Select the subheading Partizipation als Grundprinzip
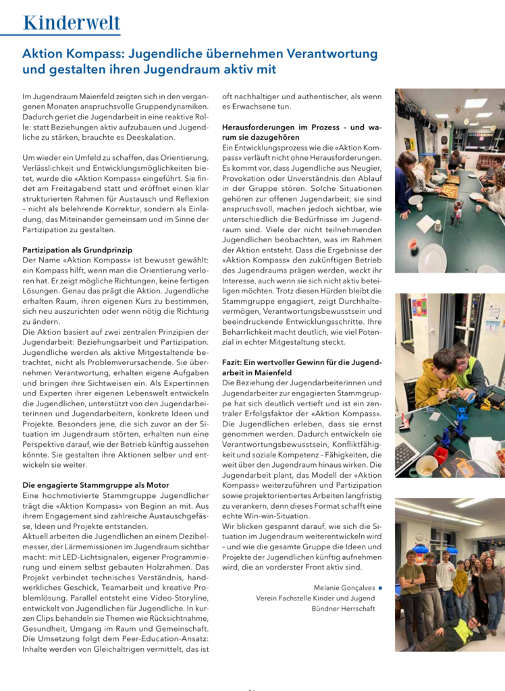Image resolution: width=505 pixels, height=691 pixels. tap(77, 250)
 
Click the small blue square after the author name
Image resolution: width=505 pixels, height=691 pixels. tap(381, 587)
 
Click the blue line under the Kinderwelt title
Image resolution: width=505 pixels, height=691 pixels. tap(61, 35)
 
